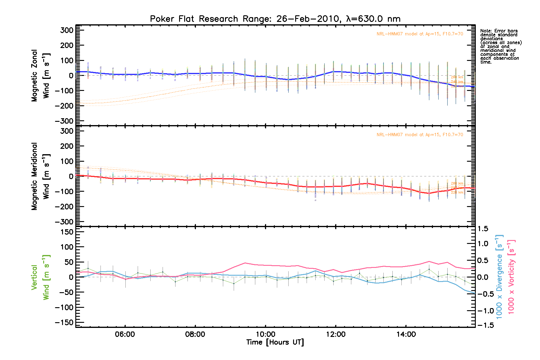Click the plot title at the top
[x=275, y=19]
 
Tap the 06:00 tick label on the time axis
[x=125, y=334]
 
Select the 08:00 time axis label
[x=195, y=334]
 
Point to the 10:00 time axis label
[x=265, y=334]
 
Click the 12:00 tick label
[x=336, y=334]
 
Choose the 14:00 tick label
[x=406, y=334]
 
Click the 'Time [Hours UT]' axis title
[x=275, y=342]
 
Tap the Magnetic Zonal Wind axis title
[x=40, y=76]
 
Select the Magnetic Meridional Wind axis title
[x=40, y=176]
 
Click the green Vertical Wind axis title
[x=40, y=277]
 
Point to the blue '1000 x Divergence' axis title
[x=499, y=277]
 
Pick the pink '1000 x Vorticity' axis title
[x=511, y=277]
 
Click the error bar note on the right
[x=501, y=46]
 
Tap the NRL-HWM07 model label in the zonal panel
[x=420, y=34]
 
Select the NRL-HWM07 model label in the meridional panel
[x=420, y=135]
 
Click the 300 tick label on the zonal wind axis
[x=67, y=30]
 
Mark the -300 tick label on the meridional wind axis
[x=64, y=222]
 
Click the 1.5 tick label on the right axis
[x=483, y=229]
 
